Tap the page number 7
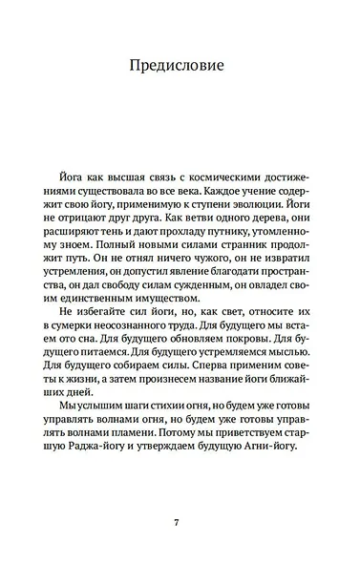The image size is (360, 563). tap(179, 522)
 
